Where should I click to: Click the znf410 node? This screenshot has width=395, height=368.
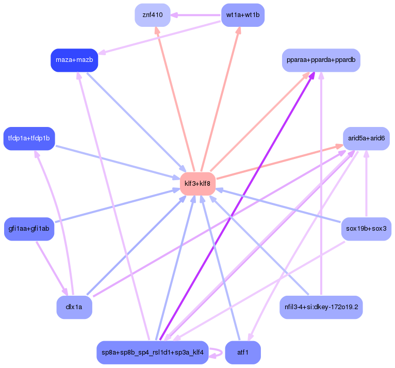tap(153, 15)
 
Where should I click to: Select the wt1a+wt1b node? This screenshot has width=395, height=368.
tap(243, 15)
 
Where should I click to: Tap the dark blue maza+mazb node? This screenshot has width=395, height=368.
tap(74, 60)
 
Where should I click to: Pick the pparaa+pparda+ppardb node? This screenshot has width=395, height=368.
tap(321, 60)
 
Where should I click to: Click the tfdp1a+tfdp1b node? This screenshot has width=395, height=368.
tap(29, 138)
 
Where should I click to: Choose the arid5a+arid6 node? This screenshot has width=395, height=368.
tap(366, 138)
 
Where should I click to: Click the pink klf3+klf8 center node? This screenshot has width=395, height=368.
tap(197, 184)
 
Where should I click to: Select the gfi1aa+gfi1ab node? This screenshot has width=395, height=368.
tap(29, 229)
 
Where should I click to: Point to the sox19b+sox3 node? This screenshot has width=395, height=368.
tap(366, 229)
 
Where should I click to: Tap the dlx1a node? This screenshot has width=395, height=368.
tap(74, 307)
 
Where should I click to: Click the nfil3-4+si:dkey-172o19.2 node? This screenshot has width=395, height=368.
tap(321, 307)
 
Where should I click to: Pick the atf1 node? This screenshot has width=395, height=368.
tap(243, 353)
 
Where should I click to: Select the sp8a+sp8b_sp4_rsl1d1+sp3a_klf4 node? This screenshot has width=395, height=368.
tap(153, 353)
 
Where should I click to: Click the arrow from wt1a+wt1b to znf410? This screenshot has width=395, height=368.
tap(196, 15)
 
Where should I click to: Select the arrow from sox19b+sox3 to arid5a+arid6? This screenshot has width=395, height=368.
tap(366, 184)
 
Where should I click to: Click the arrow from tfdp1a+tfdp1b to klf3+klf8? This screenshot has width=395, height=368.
tap(118, 163)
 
